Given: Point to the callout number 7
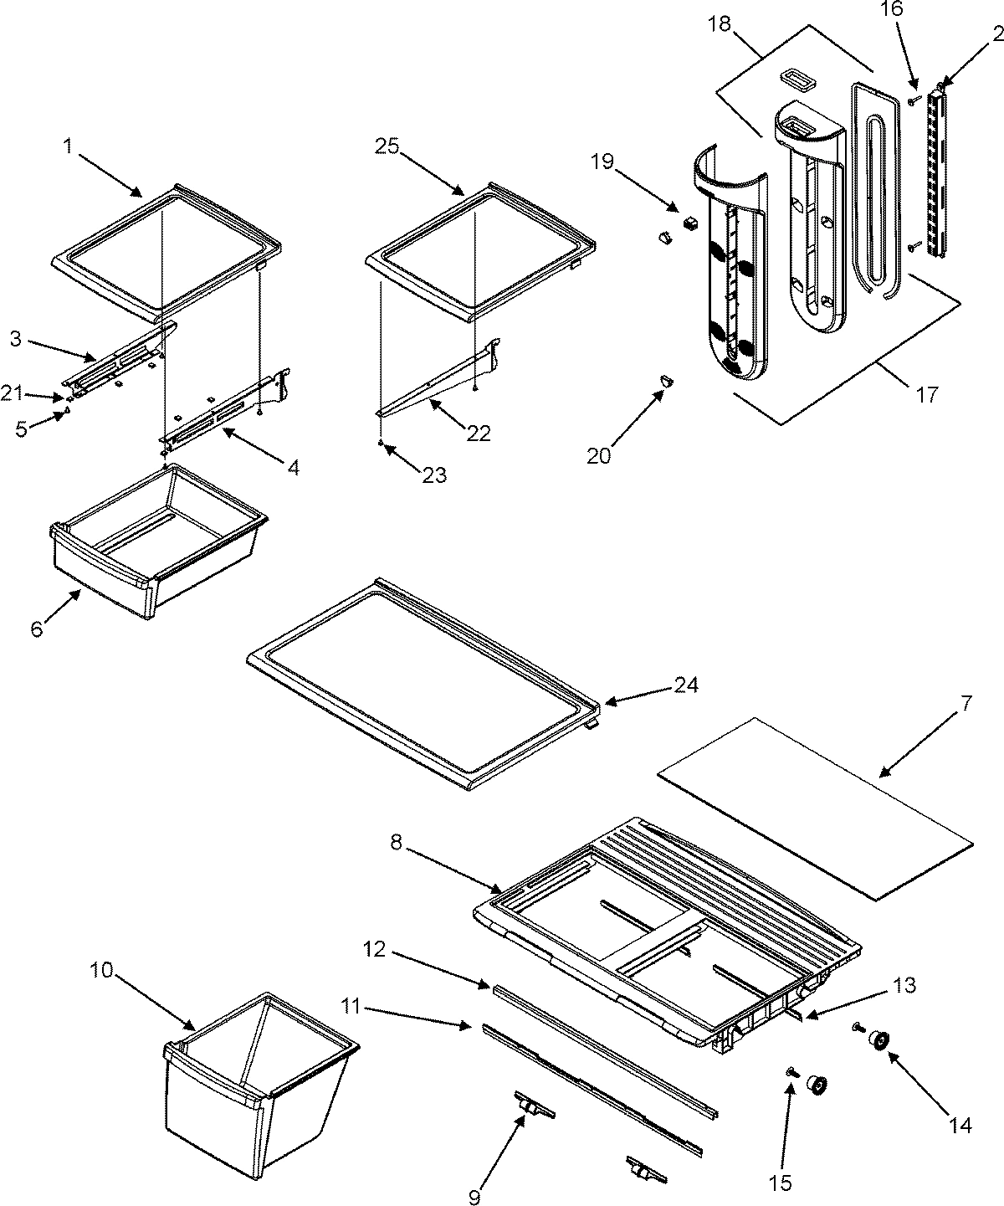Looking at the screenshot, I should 966,703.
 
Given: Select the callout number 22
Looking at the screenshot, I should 479,433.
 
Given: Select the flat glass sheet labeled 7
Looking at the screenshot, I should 816,808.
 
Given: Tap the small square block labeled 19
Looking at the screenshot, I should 691,223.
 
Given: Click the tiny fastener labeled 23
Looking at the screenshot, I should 382,443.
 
